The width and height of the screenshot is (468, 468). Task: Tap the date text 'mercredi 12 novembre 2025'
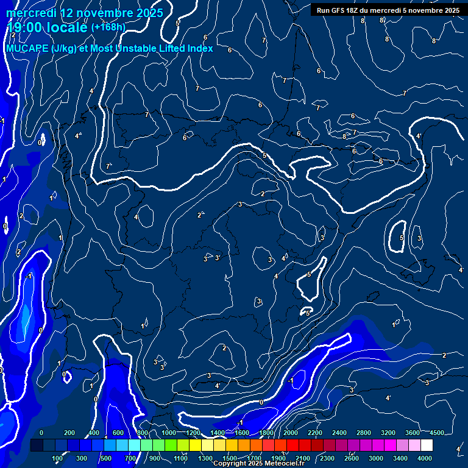85,12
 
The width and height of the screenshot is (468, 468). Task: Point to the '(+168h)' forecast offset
108,27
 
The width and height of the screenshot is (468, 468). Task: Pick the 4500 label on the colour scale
436,433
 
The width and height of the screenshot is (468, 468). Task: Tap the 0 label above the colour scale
41,433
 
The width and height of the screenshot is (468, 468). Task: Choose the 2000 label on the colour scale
290,433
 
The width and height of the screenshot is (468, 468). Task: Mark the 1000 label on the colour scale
168,433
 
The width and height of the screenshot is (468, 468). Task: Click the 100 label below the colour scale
57,458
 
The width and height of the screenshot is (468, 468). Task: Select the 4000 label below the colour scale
425,458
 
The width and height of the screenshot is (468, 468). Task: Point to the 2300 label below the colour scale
327,458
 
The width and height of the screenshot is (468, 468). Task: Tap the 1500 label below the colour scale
230,458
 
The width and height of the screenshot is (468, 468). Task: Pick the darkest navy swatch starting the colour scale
37,445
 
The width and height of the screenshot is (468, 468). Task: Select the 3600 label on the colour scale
412,433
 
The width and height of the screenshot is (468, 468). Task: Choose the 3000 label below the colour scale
376,458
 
